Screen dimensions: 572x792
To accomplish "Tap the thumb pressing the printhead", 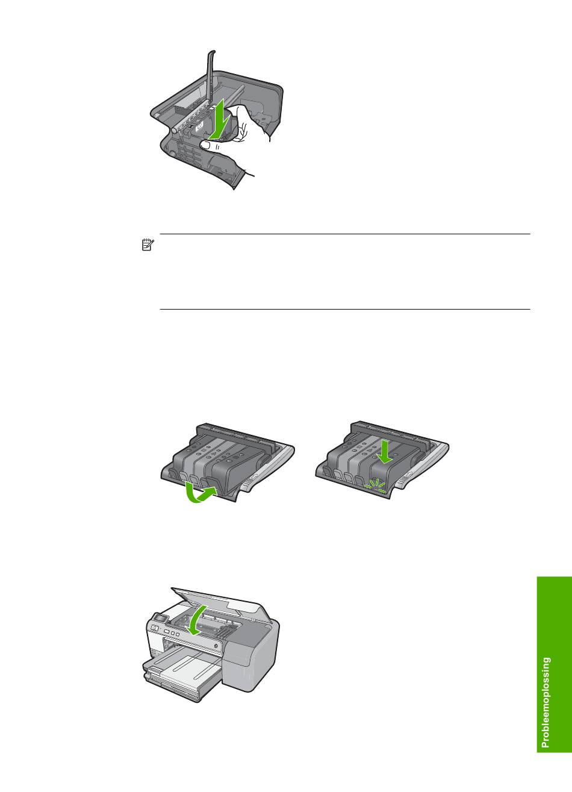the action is coord(208,145).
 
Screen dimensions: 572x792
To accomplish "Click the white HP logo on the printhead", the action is coord(198,125).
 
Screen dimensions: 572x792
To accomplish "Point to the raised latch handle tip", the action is coord(212,52).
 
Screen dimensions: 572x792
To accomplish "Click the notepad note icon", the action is coord(148,245).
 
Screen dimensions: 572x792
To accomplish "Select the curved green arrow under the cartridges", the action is coord(199,493).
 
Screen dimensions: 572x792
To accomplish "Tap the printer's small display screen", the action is coord(160,619).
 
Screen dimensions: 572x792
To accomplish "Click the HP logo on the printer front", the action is coord(155,627).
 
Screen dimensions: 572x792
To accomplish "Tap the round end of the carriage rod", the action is coord(173,130).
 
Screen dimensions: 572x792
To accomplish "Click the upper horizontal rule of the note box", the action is coord(345,234).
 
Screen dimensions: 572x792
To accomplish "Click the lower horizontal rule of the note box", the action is coord(345,310).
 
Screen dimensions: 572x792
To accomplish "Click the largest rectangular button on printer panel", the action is coord(167,631).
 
